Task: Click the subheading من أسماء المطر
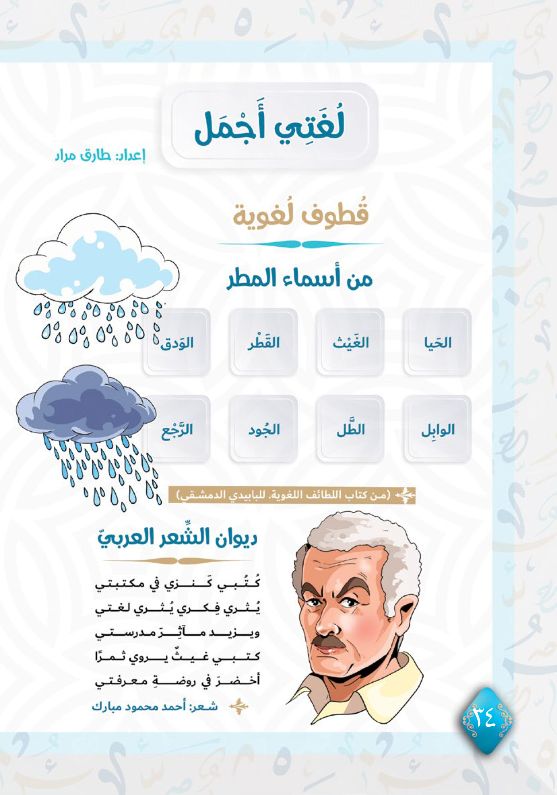coord(299,279)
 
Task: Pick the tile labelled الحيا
coord(437,343)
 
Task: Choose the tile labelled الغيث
coord(350,343)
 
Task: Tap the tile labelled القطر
coord(263,343)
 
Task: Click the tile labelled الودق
coord(177,343)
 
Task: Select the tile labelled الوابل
coord(437,429)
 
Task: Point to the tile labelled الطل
coord(350,429)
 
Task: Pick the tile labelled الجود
coord(263,429)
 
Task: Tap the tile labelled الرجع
coord(177,429)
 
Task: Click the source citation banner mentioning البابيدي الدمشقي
coord(291,496)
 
